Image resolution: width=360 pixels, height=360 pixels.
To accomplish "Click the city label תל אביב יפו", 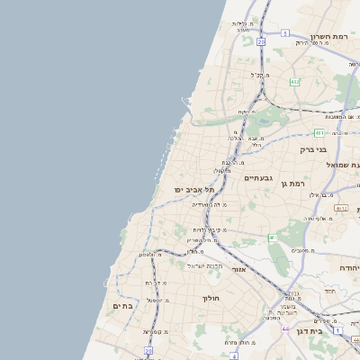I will tap(194, 190).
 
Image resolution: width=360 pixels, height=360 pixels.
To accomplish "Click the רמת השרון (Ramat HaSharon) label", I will tap(328, 37).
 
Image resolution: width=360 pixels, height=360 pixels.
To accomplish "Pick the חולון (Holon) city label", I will tap(211, 298).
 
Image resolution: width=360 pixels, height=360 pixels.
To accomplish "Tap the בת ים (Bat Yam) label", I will tap(123, 306).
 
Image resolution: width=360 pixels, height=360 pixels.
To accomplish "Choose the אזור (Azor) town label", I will tap(238, 269).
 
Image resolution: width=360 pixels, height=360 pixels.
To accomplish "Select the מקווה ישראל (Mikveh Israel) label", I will tap(203, 265).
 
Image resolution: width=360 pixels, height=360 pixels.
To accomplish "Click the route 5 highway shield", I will tap(284, 32).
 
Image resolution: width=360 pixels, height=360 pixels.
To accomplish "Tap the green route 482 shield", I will tap(294, 82).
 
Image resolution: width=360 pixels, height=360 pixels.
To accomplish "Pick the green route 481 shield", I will tap(320, 132).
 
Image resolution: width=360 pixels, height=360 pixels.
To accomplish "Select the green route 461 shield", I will tap(271, 238).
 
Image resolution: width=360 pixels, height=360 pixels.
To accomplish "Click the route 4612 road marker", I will tap(340, 208).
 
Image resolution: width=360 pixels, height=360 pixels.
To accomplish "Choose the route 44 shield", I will tap(286, 329).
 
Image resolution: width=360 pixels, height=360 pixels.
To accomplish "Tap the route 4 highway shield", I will tap(234, 355).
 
